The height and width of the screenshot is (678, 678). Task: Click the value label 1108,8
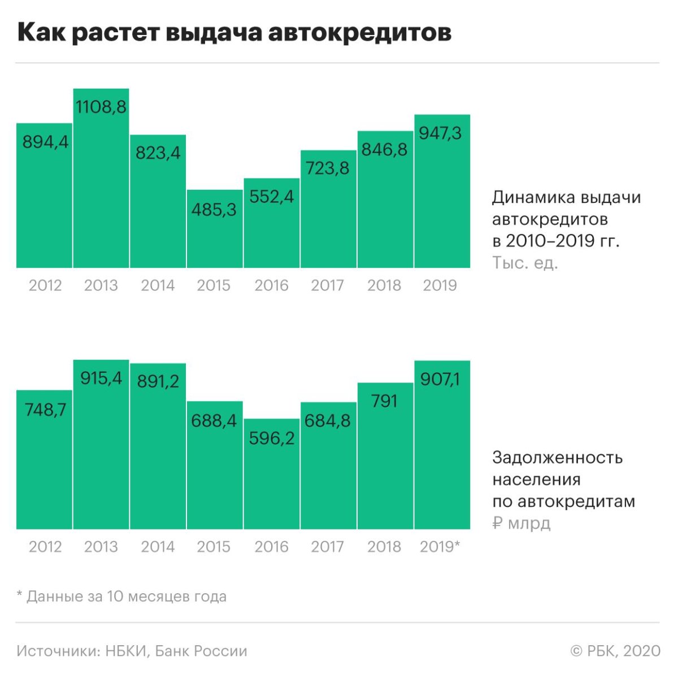click(x=101, y=106)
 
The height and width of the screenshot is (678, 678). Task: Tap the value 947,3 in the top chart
click(x=441, y=133)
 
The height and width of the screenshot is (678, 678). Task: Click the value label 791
click(x=385, y=401)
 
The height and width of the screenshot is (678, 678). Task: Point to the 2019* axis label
click(x=440, y=546)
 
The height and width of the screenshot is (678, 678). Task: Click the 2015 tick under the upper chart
click(x=214, y=285)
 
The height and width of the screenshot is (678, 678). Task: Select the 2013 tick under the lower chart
click(x=101, y=546)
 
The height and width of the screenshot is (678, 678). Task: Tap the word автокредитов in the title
click(x=359, y=33)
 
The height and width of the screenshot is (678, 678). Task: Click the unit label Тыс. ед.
click(x=525, y=263)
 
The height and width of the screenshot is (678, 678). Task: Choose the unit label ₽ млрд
click(x=521, y=523)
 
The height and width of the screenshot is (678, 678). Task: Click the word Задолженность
click(x=557, y=457)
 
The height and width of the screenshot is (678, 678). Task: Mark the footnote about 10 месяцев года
click(x=121, y=596)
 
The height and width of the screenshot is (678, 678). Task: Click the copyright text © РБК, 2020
click(x=615, y=651)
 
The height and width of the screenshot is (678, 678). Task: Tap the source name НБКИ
click(x=127, y=651)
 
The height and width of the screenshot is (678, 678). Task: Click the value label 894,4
click(x=45, y=142)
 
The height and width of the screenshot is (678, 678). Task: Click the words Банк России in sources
click(x=201, y=651)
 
